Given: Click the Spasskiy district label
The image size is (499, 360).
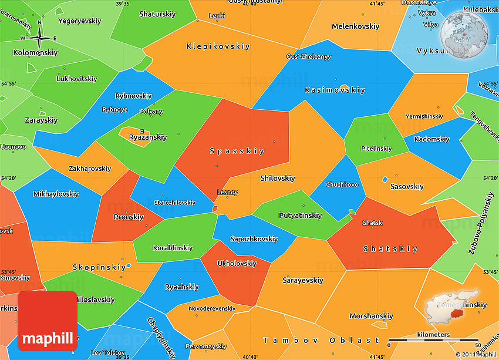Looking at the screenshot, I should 237,151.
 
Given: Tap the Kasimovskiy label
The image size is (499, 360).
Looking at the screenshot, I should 335,90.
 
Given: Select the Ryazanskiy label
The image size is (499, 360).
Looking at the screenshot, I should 147,137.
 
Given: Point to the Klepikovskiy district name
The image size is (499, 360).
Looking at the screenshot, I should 218,46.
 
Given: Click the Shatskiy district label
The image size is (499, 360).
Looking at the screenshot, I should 390,249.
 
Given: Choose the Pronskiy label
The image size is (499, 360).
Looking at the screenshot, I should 129,217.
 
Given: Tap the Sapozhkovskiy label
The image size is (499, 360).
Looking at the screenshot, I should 254,239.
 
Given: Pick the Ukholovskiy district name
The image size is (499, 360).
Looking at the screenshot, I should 237,264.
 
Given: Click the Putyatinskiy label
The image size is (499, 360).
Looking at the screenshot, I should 299,216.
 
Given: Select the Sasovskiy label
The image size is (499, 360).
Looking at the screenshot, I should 406,187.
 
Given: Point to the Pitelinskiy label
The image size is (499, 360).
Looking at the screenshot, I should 376,149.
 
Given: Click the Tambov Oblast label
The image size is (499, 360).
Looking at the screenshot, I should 321,341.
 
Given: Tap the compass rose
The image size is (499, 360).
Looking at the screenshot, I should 39,39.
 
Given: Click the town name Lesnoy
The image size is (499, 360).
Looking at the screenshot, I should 227,192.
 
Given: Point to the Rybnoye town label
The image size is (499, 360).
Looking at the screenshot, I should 114,109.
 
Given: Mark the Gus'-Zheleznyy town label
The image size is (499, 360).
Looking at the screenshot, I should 309,57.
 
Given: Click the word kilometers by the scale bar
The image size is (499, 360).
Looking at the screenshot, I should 433,335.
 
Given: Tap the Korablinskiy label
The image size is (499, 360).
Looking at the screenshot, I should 173,248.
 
